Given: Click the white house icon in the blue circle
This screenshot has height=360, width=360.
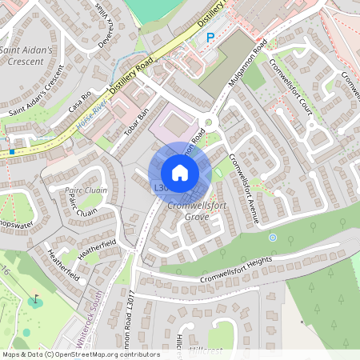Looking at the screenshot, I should (180, 173).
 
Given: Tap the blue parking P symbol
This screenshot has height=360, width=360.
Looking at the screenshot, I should (210, 37).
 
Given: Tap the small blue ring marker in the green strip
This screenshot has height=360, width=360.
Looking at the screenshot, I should (273, 238).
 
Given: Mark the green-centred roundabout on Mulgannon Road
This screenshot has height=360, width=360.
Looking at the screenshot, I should (209, 123).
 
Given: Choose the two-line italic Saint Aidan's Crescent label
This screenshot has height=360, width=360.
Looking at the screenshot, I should (26, 55).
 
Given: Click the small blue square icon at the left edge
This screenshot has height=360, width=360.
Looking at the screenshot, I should (10, 150).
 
